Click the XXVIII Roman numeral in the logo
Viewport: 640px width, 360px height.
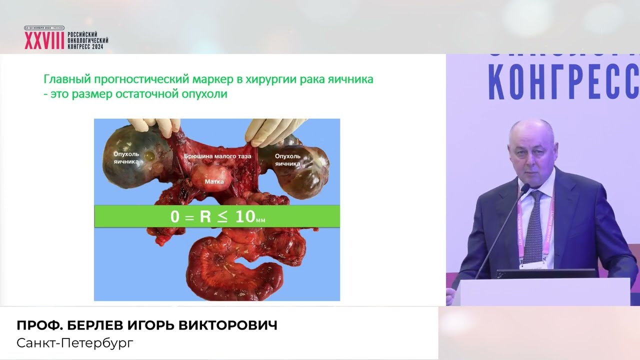(x=44, y=41)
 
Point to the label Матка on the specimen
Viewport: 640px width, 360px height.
(x=214, y=181)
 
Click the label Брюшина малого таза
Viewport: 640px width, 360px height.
(x=217, y=156)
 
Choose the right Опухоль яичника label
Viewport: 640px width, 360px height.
(x=287, y=159)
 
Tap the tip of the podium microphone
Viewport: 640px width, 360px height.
(x=525, y=188)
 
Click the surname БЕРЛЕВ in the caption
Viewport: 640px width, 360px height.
(x=91, y=325)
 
